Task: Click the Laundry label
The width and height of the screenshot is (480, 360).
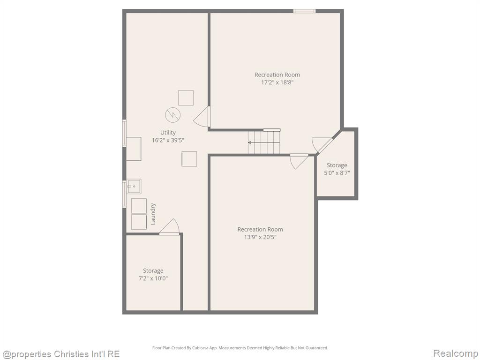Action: [x=153, y=214]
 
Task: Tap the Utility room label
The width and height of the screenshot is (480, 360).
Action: [x=168, y=133]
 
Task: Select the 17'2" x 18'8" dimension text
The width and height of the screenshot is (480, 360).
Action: [x=277, y=82]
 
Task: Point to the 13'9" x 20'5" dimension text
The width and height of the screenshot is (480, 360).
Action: [x=260, y=237]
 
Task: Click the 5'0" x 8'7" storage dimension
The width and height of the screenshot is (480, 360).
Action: [x=337, y=173]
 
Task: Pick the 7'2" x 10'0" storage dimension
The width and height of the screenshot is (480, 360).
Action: [x=153, y=278]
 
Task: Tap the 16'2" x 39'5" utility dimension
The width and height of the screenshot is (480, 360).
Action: [x=168, y=141]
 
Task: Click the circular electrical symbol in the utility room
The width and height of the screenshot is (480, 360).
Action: [x=172, y=115]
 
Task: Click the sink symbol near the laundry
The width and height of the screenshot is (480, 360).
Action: [x=134, y=187]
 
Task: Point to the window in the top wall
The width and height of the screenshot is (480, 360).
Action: [x=304, y=11]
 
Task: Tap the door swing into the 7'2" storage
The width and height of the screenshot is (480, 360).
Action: [x=169, y=227]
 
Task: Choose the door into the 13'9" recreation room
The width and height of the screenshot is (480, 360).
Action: [x=299, y=162]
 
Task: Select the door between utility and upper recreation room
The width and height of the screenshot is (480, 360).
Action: [x=202, y=116]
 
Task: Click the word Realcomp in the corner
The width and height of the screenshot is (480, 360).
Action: [x=455, y=353]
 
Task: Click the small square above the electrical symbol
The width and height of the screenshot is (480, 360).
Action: [x=186, y=98]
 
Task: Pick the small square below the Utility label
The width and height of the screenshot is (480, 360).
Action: [x=189, y=159]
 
